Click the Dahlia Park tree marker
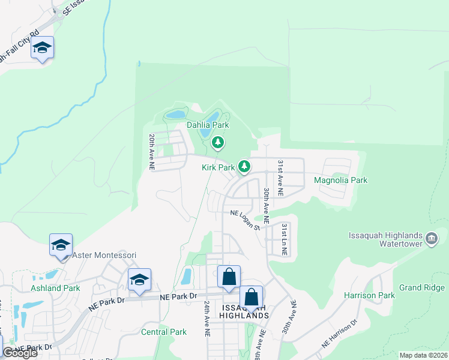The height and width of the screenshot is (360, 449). pos(218,142)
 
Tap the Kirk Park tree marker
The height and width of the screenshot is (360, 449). pos(244,166)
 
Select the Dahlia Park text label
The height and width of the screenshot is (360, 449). pos(208,125)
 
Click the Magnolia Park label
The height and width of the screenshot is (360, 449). pos(340,180)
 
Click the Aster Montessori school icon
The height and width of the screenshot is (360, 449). pos(61,245)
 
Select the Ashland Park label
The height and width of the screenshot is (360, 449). pos(55,288)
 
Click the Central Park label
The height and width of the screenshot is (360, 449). pos(164,331)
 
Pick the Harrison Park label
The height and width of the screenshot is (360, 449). pos(369,295)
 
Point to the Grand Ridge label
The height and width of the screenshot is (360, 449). pos(418,287)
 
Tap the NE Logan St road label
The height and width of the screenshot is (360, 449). pos(245,219)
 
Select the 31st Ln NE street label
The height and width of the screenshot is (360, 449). pos(284,240)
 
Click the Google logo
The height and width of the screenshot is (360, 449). pos(20,353)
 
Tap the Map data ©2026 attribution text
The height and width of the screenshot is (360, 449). pos(423,355)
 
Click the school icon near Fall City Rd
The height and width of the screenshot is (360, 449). pos(42,47)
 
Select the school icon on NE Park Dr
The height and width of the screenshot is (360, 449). pos(139,279)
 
